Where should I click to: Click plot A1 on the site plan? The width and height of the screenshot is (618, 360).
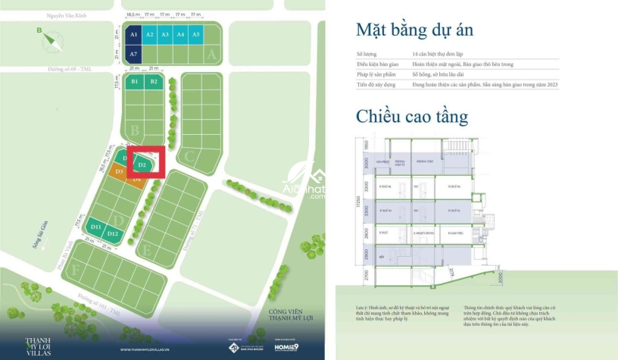pyautogui.click(x=133, y=35)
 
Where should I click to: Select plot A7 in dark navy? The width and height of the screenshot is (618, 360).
pyautogui.click(x=133, y=54)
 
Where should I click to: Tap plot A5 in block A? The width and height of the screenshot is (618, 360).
pyautogui.click(x=196, y=35)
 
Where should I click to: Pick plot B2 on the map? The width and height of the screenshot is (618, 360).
pyautogui.click(x=154, y=81)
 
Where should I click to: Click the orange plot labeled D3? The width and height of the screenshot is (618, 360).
pyautogui.click(x=118, y=172)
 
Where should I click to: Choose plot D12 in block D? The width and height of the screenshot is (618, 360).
pyautogui.click(x=112, y=233)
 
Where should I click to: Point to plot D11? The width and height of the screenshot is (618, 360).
pyautogui.click(x=95, y=227)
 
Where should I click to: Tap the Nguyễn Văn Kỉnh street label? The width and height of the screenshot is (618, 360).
pyautogui.click(x=87, y=15)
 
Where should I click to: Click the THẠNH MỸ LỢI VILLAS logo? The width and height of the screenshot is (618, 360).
pyautogui.click(x=42, y=345)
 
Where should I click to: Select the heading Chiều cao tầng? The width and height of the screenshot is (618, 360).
pyautogui.click(x=412, y=117)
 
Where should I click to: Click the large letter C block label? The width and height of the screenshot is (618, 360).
pyautogui.click(x=189, y=158)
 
